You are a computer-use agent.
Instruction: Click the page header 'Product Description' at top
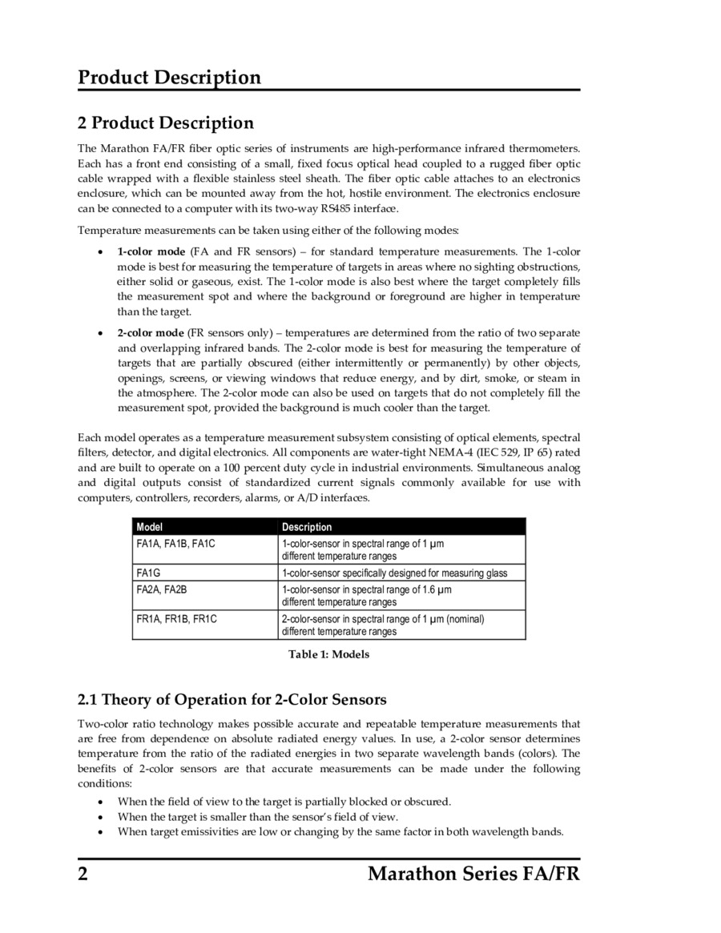tap(169, 78)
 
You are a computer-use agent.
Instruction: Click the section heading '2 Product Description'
tap(165, 123)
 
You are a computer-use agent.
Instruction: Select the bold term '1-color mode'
tap(151, 251)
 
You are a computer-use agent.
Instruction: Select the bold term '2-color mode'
tap(151, 332)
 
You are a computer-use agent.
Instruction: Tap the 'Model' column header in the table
tap(150, 527)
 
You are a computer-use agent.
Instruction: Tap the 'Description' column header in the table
tap(307, 527)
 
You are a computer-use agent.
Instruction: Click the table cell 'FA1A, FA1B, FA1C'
tap(176, 544)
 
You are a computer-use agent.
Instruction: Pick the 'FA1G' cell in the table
tap(149, 573)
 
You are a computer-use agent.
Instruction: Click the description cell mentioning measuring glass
tap(394, 573)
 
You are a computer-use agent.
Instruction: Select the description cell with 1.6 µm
tap(366, 595)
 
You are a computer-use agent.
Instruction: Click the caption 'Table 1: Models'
tap(328, 654)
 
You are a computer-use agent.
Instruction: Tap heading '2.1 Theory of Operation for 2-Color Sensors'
tap(232, 700)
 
